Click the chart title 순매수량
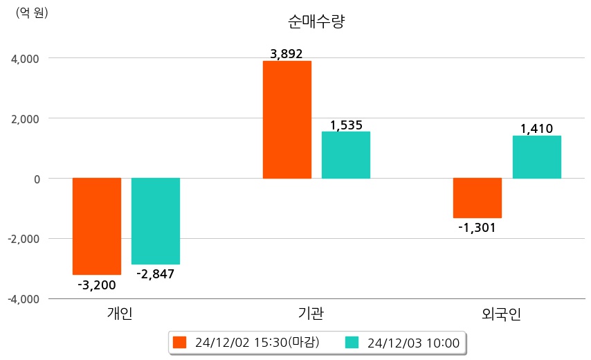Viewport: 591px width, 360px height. pos(316,21)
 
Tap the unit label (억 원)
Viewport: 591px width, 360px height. pos(32,12)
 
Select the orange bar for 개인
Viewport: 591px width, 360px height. pos(97,226)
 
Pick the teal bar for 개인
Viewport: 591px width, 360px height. pos(156,221)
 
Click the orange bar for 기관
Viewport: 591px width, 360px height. pos(287,120)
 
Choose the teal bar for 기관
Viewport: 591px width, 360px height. pos(346,155)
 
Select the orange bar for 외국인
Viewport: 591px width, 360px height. pos(478,198)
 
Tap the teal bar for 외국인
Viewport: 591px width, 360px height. pos(537,157)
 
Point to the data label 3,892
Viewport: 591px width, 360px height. pos(287,54)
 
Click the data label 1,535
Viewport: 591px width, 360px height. pos(346,125)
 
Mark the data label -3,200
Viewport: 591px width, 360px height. pos(97,285)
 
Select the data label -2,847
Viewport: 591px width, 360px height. pos(156,274)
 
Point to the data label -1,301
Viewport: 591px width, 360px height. pos(478,227)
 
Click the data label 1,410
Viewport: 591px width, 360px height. pos(536,129)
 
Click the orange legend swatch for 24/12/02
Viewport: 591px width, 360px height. pos(180,343)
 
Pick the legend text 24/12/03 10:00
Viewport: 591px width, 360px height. pos(413,343)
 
